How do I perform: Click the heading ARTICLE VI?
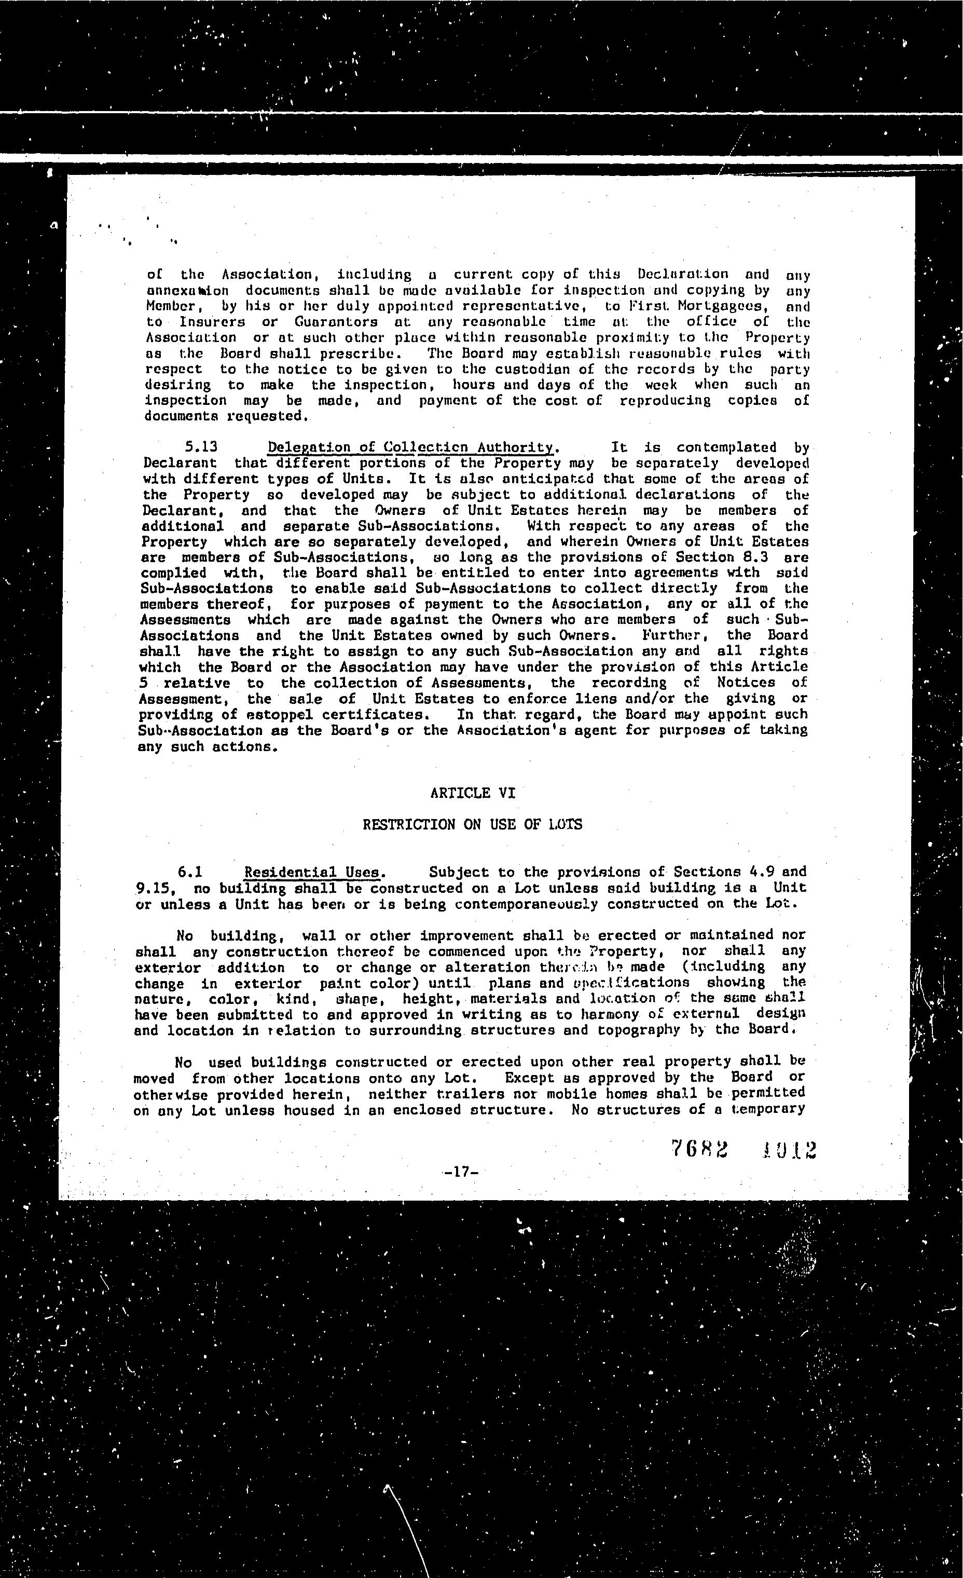(473, 793)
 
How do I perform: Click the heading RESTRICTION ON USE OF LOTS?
(473, 824)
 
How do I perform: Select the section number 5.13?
(200, 447)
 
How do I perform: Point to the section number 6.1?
(190, 872)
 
